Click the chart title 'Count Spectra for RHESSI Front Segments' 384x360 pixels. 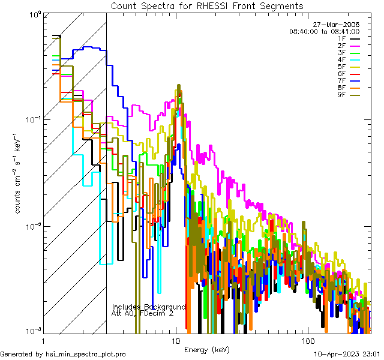207,5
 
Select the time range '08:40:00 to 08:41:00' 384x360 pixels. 324,31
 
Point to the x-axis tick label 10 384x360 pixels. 175,340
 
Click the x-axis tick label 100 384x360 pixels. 307,340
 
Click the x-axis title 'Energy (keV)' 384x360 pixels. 207,349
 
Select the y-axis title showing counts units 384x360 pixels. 19,174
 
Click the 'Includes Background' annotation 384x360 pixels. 149,307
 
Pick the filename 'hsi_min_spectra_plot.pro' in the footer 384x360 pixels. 86,354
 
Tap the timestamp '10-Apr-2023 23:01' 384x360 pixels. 347,354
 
